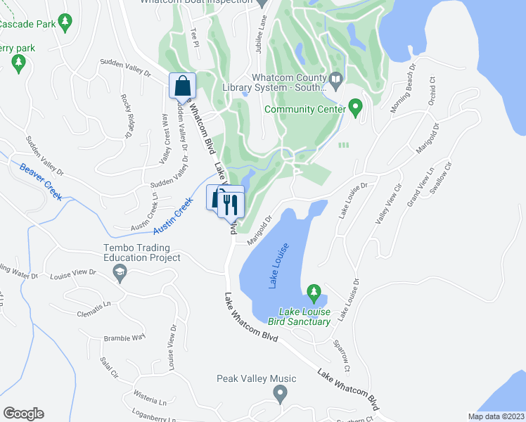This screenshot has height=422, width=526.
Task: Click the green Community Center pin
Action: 355,108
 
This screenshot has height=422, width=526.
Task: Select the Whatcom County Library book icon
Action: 335,79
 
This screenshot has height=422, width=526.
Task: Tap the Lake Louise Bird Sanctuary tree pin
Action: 314,291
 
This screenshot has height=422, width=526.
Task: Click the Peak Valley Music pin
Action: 281,394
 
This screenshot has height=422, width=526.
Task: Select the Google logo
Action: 23,413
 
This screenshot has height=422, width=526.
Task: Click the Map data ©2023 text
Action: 496,416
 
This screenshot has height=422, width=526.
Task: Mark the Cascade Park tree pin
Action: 65,23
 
